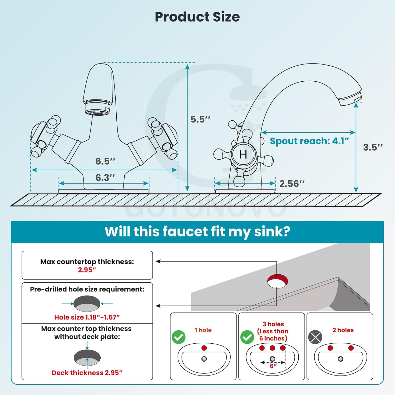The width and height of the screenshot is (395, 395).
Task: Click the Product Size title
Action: [197, 17]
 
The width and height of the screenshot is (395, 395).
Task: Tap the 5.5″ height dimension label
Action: [200, 119]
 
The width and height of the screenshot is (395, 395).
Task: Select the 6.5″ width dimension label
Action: [105, 161]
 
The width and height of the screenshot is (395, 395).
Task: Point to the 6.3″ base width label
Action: [105, 177]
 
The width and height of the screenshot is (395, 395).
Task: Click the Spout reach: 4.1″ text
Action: [309, 141]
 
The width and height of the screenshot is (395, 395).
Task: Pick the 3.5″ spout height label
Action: [373, 147]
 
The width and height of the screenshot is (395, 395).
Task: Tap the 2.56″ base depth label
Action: [292, 184]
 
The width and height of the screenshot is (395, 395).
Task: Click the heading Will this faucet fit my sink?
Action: [197, 232]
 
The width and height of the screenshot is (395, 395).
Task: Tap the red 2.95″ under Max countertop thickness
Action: [87, 270]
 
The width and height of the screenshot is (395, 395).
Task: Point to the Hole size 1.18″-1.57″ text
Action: [87, 317]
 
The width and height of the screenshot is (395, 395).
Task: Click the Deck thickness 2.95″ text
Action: [87, 373]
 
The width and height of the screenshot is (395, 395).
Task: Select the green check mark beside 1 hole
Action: [179, 337]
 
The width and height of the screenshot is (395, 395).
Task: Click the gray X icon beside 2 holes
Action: [315, 337]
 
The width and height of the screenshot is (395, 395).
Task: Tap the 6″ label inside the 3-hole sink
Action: [273, 366]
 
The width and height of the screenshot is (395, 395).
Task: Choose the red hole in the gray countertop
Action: [278, 281]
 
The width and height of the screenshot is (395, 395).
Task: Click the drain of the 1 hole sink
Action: [204, 359]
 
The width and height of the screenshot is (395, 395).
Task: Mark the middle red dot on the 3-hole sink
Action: [272, 348]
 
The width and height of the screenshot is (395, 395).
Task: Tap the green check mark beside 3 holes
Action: [247, 337]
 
